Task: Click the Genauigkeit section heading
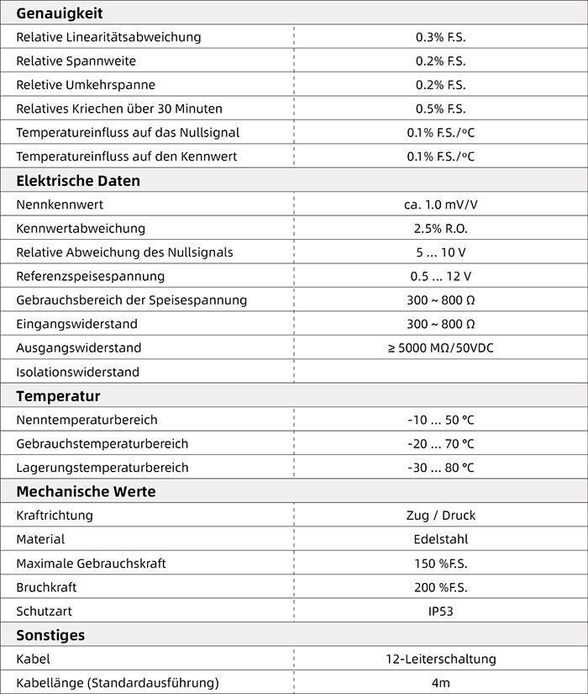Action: [60, 13]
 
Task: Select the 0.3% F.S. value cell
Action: [440, 37]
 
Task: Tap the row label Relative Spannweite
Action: [76, 61]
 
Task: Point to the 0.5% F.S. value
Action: [440, 109]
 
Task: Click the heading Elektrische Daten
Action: [78, 181]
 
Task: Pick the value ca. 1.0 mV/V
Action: [440, 204]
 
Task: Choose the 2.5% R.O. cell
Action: [440, 229]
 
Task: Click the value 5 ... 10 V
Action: [440, 252]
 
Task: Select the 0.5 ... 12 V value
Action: [440, 277]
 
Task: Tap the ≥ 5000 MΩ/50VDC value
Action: [440, 348]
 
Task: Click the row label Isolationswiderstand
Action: [77, 372]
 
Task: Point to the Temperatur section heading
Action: [58, 396]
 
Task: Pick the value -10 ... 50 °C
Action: [440, 420]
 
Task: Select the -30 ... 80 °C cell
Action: [440, 468]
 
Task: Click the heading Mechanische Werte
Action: [86, 492]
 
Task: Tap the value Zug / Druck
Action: [440, 516]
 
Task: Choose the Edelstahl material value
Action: [440, 539]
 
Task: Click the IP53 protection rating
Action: [440, 612]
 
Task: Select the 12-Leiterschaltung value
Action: [440, 660]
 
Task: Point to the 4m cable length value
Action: [440, 683]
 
